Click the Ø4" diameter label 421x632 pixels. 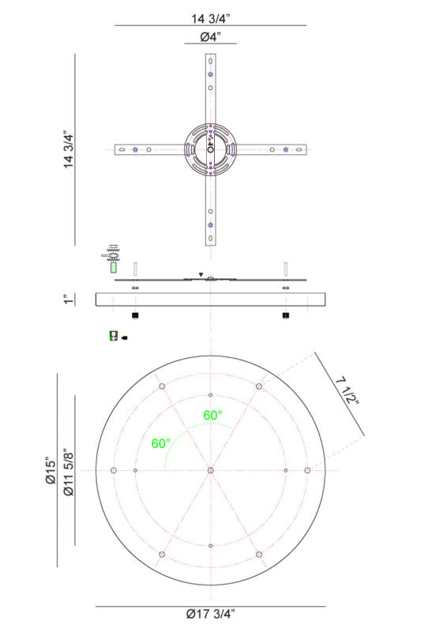tap(210, 36)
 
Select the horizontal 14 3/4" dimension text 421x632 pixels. tap(210, 13)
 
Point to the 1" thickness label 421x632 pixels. tap(70, 299)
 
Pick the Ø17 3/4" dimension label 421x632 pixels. tap(210, 614)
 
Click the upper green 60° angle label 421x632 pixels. tap(212, 415)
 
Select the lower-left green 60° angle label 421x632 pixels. tap(161, 443)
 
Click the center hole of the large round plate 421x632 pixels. tap(210, 470)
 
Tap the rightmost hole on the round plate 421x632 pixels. tap(307, 470)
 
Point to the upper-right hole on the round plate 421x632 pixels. tap(259, 386)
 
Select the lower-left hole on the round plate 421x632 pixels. tap(161, 555)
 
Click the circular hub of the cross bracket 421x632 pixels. tap(210, 149)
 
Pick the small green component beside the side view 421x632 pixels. tap(113, 336)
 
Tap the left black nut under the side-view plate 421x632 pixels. tap(136, 316)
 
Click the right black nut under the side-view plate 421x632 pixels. tap(285, 316)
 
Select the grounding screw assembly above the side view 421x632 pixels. tap(111, 256)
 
